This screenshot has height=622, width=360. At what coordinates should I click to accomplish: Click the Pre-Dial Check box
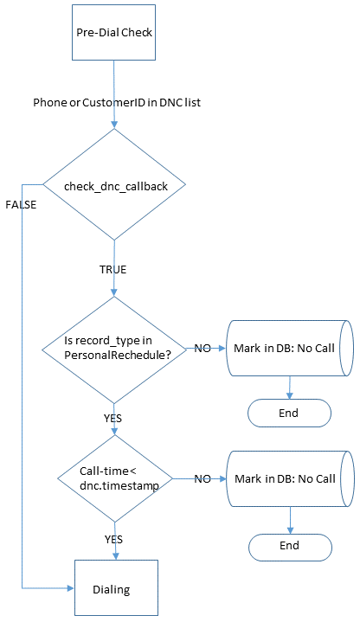coord(113,33)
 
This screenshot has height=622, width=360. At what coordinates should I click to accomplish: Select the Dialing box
coord(116,587)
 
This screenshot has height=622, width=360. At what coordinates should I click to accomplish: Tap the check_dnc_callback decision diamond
coord(114,184)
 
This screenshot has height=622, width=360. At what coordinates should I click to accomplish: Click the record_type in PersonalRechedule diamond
coord(114,349)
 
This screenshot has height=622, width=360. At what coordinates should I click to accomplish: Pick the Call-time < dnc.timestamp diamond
coord(115,478)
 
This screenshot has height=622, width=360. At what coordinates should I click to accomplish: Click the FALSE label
coord(21,205)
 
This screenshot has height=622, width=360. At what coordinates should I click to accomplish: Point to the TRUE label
coord(113,270)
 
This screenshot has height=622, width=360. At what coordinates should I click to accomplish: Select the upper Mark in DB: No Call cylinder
coord(289,348)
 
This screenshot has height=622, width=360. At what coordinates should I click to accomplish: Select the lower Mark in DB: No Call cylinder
coord(290,478)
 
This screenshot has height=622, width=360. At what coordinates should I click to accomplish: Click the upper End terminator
coord(289,413)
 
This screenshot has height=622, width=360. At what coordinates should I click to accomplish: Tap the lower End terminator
coord(290,547)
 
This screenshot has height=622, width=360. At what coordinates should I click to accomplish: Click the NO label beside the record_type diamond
coord(202,349)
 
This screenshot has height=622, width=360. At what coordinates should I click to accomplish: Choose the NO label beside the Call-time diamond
coord(202,478)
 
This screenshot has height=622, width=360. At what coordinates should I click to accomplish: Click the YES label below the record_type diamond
coord(113,419)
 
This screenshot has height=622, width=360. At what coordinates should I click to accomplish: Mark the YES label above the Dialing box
coord(114,540)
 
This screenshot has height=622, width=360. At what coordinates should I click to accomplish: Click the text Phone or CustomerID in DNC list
coord(117,102)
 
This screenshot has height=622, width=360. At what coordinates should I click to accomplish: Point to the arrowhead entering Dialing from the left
coord(71,588)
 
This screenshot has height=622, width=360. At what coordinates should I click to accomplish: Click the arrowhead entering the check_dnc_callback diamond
coord(114,125)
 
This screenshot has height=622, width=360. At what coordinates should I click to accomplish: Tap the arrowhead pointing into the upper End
coord(289,395)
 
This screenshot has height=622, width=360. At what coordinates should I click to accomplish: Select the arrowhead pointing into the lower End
coord(290,530)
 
